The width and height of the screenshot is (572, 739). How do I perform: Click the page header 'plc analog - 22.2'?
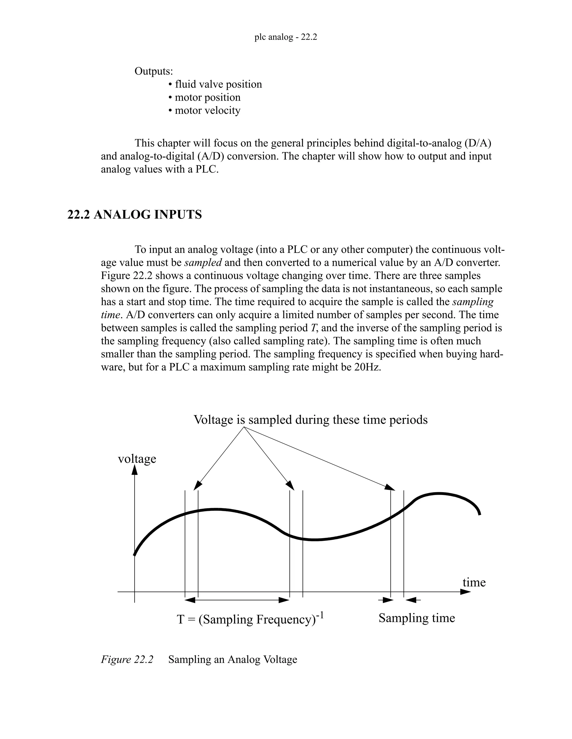click(x=285, y=37)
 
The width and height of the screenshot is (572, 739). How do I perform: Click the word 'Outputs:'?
click(x=154, y=71)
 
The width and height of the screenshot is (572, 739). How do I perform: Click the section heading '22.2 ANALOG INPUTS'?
click(x=135, y=214)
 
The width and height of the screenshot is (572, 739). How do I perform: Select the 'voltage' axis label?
click(x=137, y=459)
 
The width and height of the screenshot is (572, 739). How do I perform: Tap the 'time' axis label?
click(x=474, y=582)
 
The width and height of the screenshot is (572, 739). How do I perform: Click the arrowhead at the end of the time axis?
click(x=466, y=592)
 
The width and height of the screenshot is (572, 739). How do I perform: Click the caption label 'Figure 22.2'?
click(x=127, y=660)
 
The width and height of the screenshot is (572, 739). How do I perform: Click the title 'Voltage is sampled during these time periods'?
click(x=310, y=420)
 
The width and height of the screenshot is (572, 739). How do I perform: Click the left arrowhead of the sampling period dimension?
click(x=190, y=600)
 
